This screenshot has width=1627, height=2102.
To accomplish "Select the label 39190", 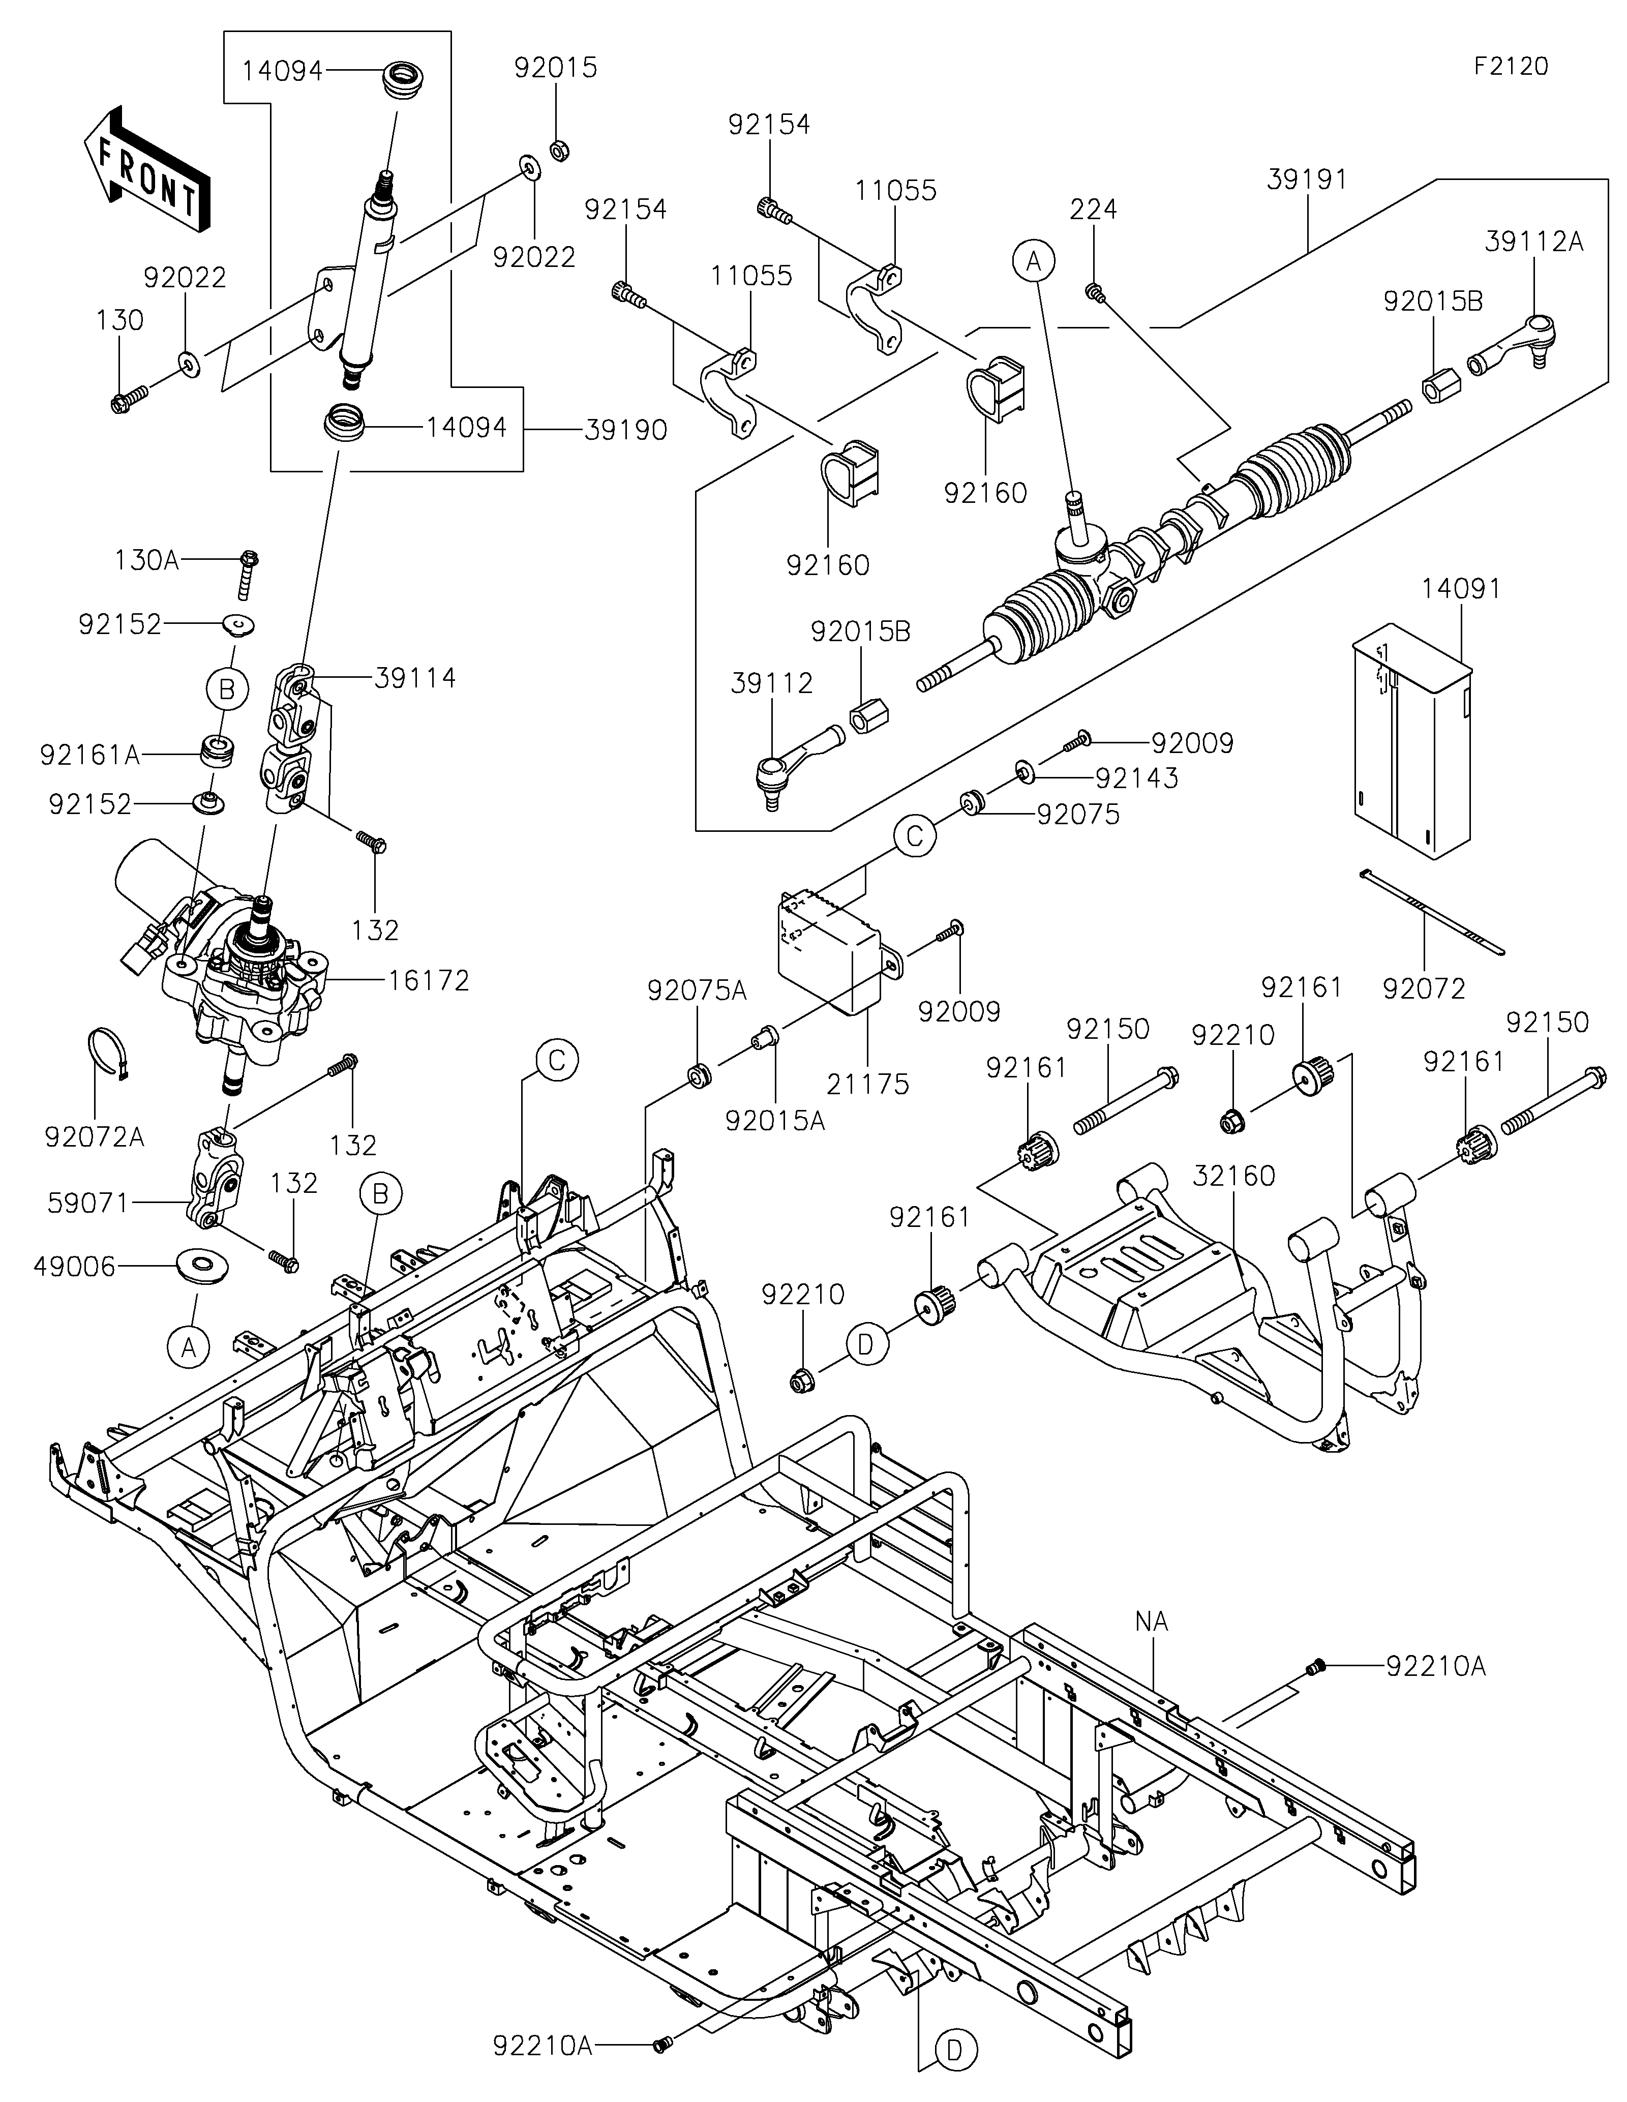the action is [625, 430].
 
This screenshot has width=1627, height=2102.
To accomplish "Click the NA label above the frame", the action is [1152, 1621].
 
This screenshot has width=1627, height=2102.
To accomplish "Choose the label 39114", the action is [416, 678].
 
